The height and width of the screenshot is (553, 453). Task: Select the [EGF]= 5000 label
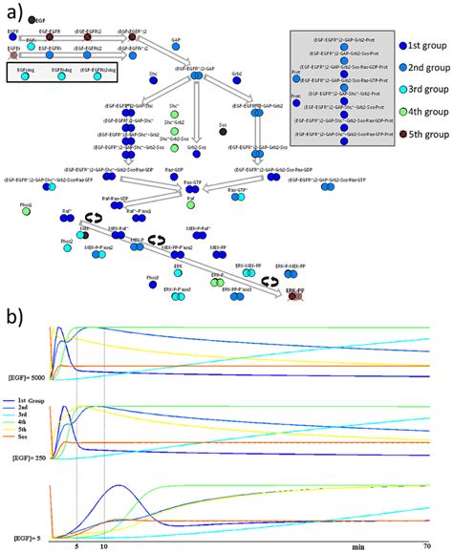(x=24, y=380)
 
